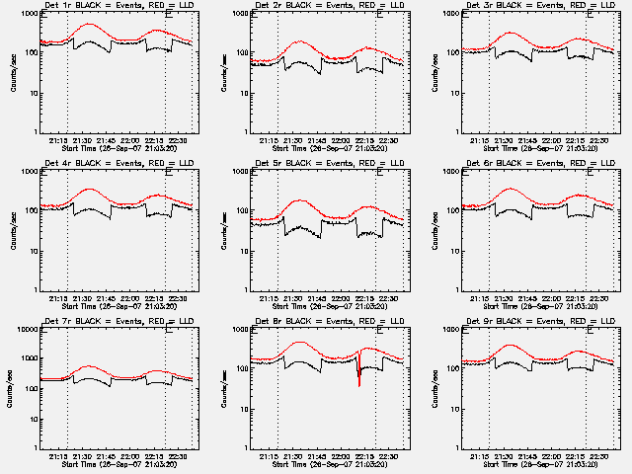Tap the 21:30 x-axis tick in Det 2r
(x=297, y=140)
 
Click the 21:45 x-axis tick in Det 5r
(x=321, y=296)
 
